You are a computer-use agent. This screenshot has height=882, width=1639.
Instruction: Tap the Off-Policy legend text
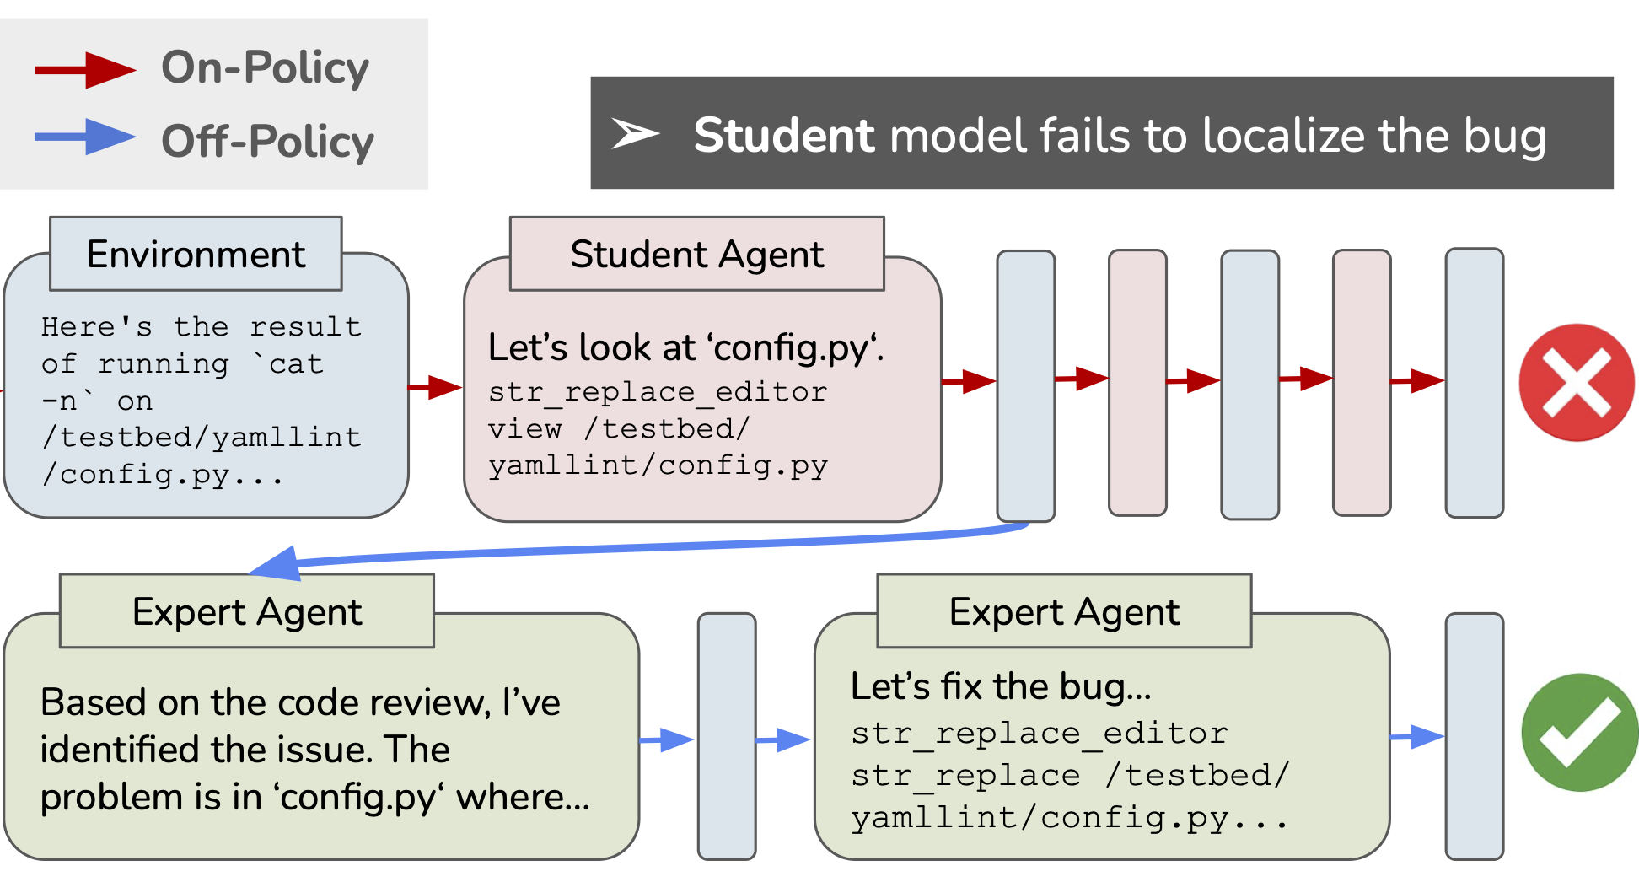[x=267, y=141]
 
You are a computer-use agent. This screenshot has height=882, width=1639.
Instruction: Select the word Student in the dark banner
[x=784, y=135]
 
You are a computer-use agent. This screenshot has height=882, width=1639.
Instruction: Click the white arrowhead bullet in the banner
[x=634, y=133]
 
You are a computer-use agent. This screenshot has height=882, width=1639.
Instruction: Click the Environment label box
[x=196, y=254]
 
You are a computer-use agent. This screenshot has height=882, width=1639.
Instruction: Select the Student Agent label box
[x=696, y=254]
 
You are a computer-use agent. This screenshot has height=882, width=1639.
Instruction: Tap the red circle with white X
[x=1576, y=382]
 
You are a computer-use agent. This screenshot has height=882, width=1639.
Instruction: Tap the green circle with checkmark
[x=1579, y=732]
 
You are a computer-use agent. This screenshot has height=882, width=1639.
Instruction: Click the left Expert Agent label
[x=246, y=611]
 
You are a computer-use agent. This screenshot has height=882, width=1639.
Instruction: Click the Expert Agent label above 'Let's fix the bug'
[x=1064, y=611]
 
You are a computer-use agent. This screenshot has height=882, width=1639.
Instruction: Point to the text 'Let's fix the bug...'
[x=1001, y=686]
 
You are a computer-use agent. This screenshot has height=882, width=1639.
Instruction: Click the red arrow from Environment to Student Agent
[x=435, y=387]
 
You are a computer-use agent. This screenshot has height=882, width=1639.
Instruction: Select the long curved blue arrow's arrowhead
[x=278, y=564]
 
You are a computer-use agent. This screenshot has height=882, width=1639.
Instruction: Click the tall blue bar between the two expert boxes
[x=726, y=735]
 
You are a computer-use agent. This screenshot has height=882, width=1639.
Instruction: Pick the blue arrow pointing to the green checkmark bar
[x=1417, y=736]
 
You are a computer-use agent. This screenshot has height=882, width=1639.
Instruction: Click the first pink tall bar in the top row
[x=1137, y=382]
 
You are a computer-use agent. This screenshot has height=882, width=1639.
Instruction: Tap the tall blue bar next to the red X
[x=1474, y=382]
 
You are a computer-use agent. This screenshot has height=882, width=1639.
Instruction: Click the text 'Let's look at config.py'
[x=685, y=347]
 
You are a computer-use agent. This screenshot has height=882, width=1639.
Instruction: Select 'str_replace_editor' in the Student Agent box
[x=658, y=392]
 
